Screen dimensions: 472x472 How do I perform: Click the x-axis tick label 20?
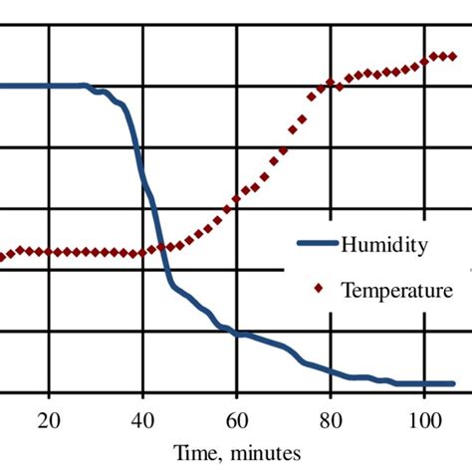tap(49, 419)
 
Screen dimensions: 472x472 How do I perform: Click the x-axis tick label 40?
tap(142, 419)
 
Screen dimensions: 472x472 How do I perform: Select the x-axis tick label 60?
tap(236, 419)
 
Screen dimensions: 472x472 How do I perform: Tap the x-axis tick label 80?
tap(330, 419)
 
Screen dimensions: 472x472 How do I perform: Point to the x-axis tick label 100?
tap(423, 419)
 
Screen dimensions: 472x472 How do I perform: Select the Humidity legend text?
tap(384, 244)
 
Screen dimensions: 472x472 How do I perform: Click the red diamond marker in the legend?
tap(319, 290)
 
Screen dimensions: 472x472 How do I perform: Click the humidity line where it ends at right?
tap(453, 383)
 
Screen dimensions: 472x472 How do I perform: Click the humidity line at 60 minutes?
tap(236, 334)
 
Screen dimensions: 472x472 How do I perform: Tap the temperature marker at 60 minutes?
tap(236, 202)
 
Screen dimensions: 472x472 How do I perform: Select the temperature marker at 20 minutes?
tap(49, 252)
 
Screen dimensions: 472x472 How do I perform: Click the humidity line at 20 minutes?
tap(49, 86)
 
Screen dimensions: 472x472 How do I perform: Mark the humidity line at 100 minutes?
tap(423, 383)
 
